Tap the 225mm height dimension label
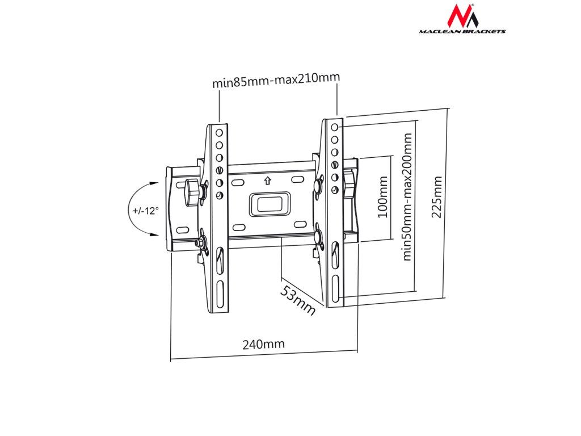[437, 197]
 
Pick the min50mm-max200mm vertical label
[406, 197]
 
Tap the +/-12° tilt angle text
[145, 210]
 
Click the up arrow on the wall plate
[267, 182]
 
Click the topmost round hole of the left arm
[219, 132]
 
